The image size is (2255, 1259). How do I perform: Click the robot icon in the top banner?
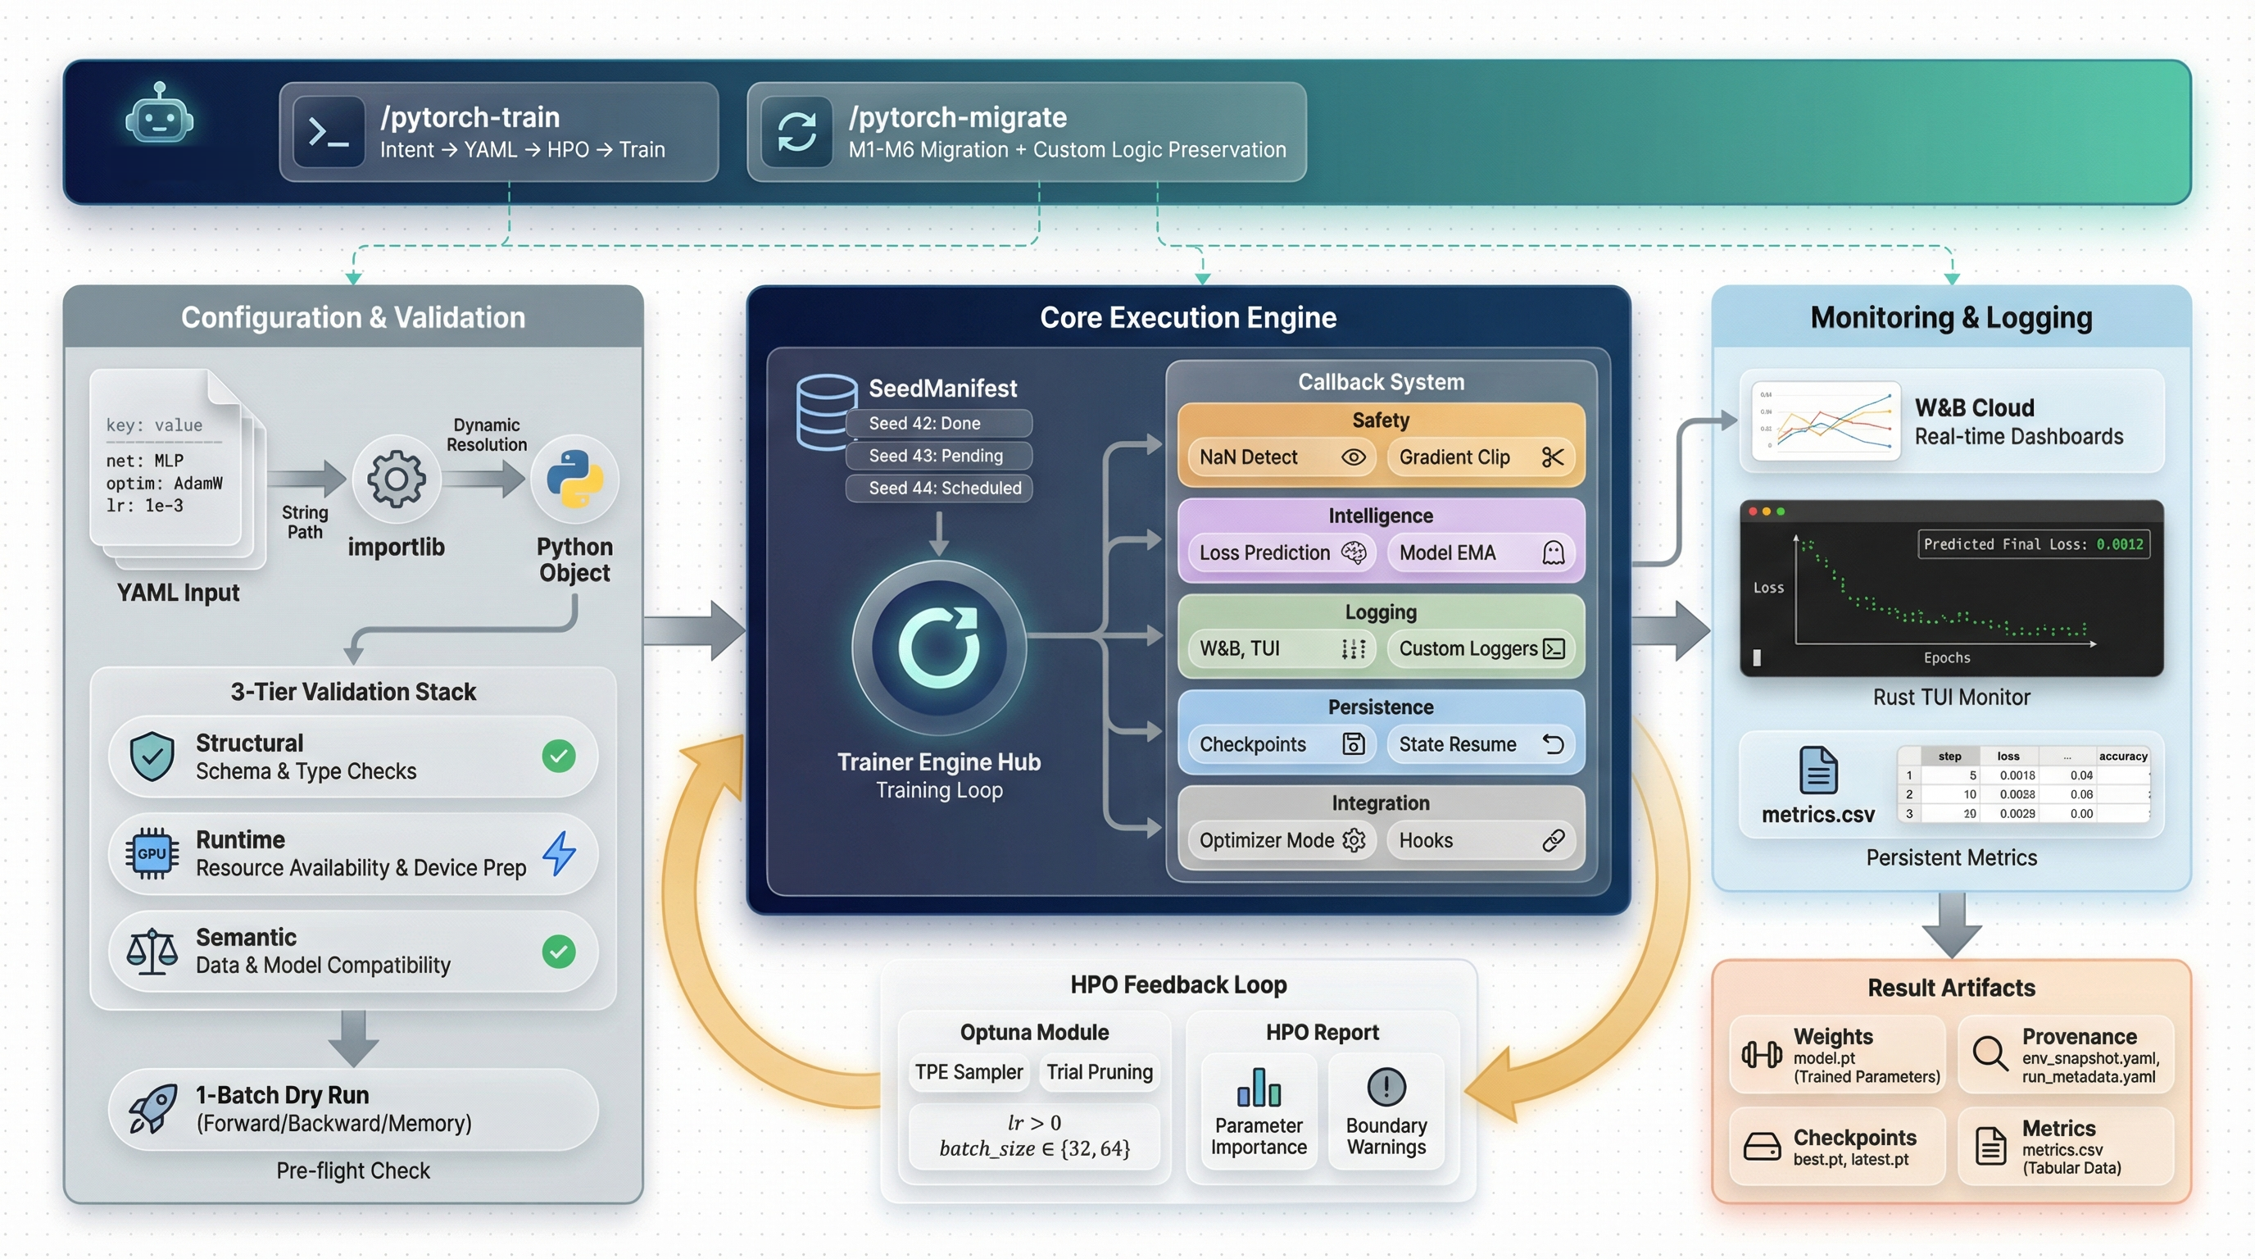pyautogui.click(x=159, y=115)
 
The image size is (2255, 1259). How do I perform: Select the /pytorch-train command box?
pyautogui.click(x=498, y=132)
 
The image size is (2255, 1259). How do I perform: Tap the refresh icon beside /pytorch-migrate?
pyautogui.click(x=796, y=132)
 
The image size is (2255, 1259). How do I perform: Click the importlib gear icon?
pyautogui.click(x=396, y=479)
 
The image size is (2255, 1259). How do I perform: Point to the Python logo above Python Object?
pyautogui.click(x=574, y=479)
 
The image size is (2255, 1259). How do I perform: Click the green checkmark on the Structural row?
pyautogui.click(x=559, y=756)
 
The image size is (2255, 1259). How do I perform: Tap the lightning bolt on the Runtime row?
pyautogui.click(x=559, y=852)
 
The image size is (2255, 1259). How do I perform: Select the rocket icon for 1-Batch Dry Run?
pyautogui.click(x=152, y=1108)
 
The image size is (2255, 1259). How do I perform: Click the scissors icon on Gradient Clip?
pyautogui.click(x=1552, y=457)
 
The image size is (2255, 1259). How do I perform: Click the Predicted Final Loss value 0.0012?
pyautogui.click(x=2119, y=543)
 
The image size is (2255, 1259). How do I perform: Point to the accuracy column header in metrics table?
pyautogui.click(x=2122, y=756)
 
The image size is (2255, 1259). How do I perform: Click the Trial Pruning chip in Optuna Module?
pyautogui.click(x=1100, y=1071)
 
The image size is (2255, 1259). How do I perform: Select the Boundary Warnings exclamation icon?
pyautogui.click(x=1386, y=1087)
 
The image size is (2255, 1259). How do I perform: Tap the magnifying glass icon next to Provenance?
pyautogui.click(x=1989, y=1053)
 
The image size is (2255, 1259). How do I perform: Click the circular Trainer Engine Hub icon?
pyautogui.click(x=938, y=647)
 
